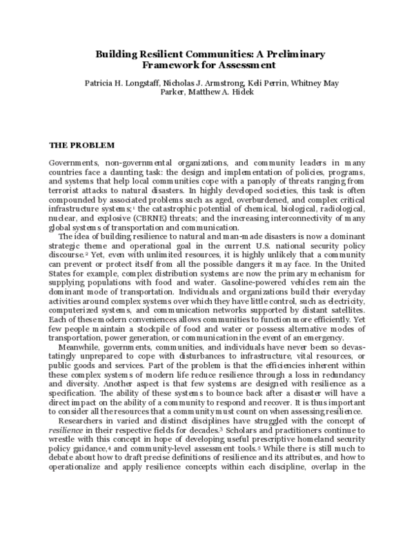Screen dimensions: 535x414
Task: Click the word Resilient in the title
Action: pyautogui.click(x=159, y=54)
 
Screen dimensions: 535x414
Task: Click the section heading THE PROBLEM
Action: pyautogui.click(x=80, y=145)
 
